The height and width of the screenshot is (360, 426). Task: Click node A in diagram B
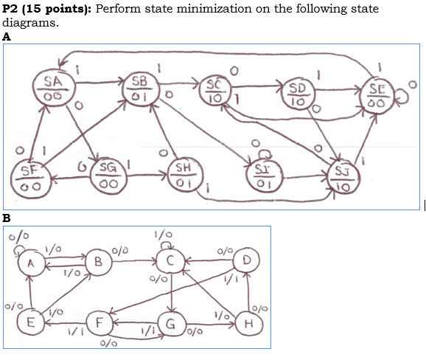(x=32, y=263)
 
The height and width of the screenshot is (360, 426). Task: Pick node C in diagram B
(x=171, y=261)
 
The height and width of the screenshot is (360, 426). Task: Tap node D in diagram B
(x=246, y=260)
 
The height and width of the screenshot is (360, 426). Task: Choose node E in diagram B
(x=30, y=322)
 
